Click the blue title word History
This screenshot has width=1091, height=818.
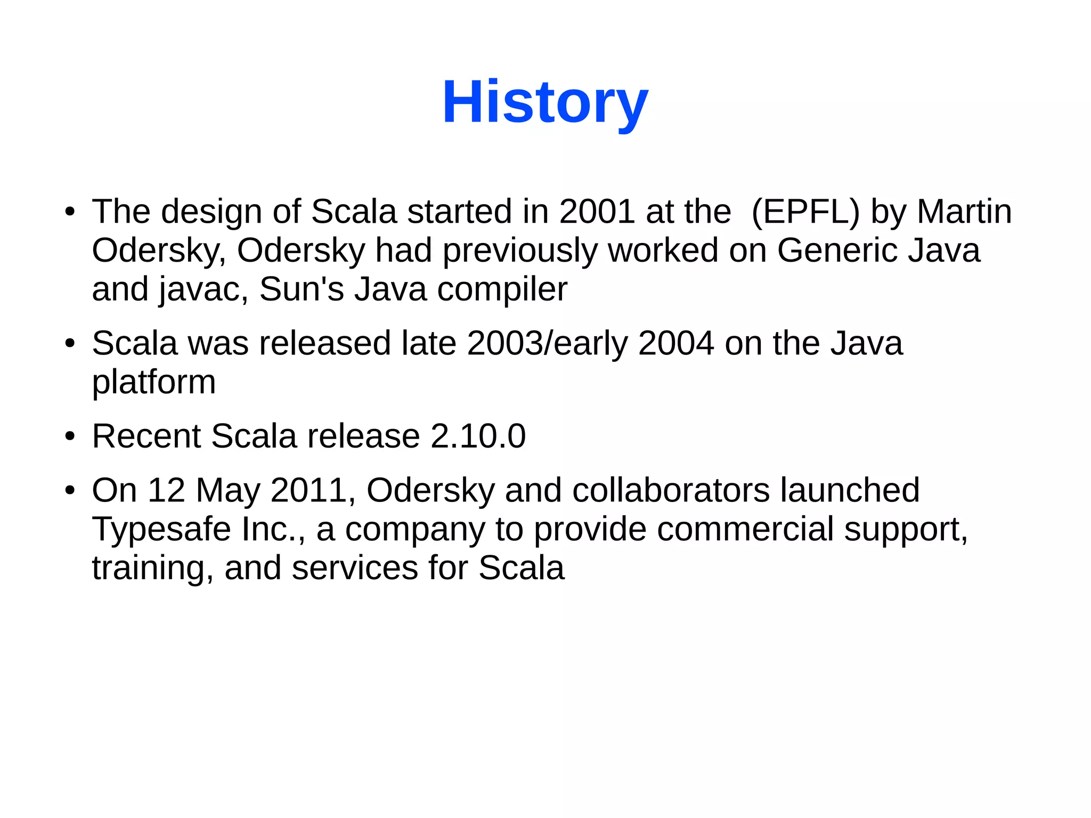pos(545,102)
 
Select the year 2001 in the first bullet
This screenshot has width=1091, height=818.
pos(597,212)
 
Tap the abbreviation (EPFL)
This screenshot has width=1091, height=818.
pos(805,212)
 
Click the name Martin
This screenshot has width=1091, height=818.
pos(964,212)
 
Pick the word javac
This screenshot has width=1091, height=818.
pos(203,290)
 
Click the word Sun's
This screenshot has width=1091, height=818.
pos(302,290)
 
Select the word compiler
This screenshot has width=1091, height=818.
pos(502,290)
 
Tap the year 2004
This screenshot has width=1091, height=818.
pos(675,343)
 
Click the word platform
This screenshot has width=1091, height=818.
pos(154,383)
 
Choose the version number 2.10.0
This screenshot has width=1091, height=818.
pos(478,436)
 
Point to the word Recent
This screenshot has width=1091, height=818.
pos(146,436)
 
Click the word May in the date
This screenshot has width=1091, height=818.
pos(228,490)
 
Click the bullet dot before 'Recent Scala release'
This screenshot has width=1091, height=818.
pos(70,436)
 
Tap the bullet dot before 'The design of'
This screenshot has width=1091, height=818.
pos(70,212)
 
